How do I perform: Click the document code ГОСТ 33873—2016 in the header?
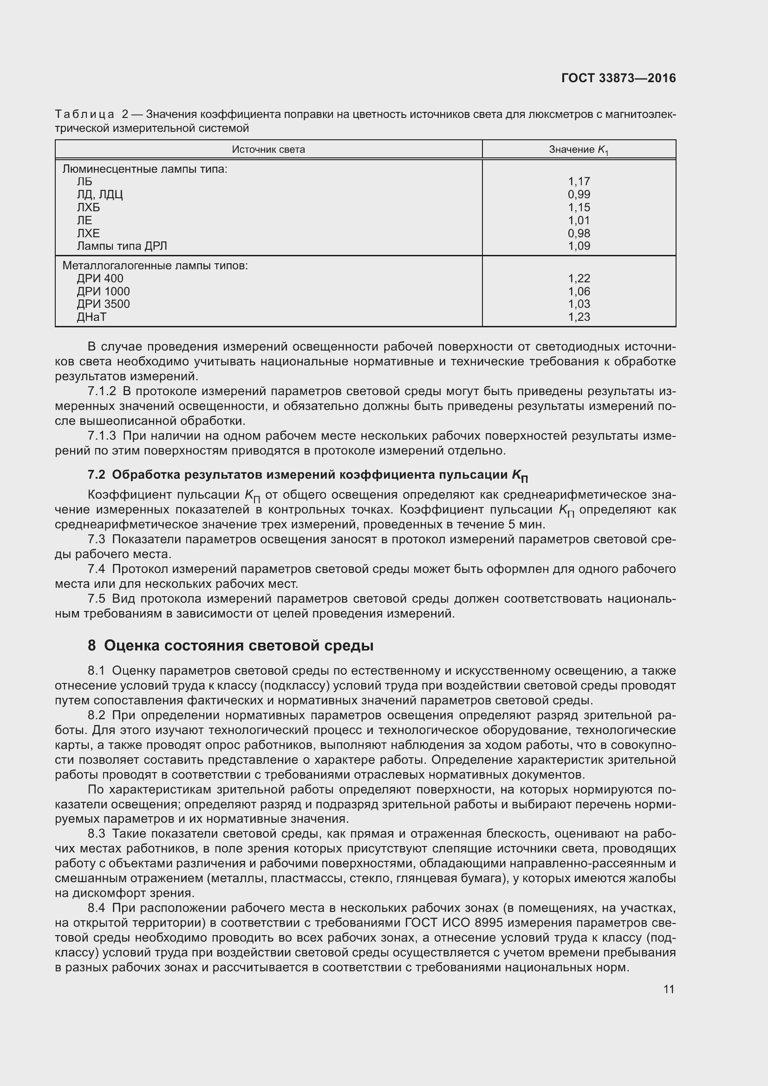(x=618, y=78)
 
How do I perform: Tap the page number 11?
(x=668, y=989)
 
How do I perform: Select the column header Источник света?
(x=268, y=150)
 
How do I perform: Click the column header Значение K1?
(x=579, y=150)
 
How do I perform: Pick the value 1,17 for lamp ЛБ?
(x=579, y=182)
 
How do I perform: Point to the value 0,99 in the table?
(x=579, y=195)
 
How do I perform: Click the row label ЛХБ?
(x=88, y=207)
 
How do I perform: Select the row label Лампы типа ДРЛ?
(x=122, y=246)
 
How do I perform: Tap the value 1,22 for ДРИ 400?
(x=579, y=279)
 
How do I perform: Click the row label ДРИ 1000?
(x=103, y=292)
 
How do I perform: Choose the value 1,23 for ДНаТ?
(x=579, y=317)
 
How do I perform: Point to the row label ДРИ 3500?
(x=103, y=304)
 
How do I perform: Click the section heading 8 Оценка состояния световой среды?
(x=230, y=645)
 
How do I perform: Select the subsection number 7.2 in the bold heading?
(x=97, y=475)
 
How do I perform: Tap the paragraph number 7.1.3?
(x=102, y=436)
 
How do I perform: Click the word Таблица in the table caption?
(x=84, y=115)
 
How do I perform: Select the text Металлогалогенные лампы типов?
(x=155, y=266)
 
